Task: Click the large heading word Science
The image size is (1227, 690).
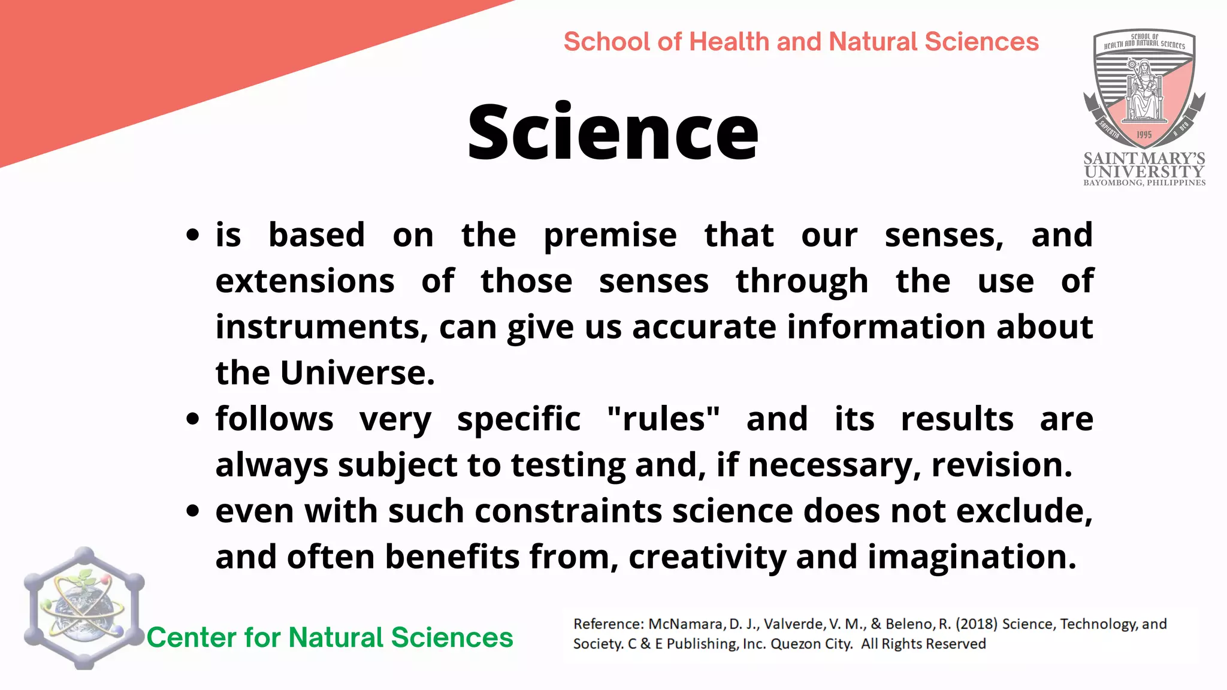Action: pos(612,132)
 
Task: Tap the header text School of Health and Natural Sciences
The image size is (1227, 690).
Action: pos(801,42)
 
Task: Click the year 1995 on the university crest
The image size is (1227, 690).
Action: pos(1144,135)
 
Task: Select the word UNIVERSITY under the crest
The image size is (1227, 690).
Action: pos(1144,171)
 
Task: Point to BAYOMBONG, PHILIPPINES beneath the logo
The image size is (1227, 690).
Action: pos(1144,183)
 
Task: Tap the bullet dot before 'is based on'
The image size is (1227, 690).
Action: pos(192,235)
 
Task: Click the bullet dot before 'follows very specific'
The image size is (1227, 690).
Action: pos(192,419)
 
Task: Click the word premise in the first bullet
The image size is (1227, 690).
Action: pos(610,235)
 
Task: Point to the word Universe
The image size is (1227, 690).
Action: pos(357,373)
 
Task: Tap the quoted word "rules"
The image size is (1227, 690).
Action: pos(663,419)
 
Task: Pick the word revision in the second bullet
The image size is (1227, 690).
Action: pos(1002,465)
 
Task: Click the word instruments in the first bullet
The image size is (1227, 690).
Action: pos(322,327)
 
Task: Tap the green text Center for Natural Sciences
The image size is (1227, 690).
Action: pos(330,637)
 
